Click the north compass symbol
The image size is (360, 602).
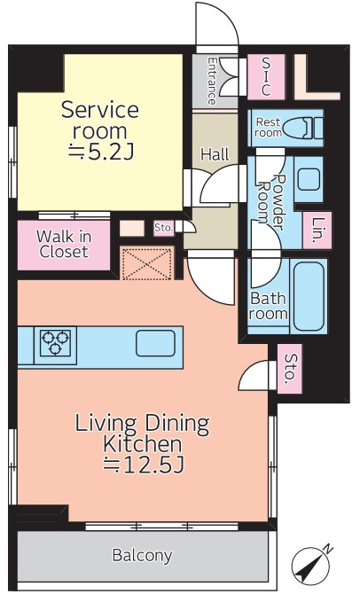[x=311, y=566]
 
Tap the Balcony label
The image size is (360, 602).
[x=142, y=555]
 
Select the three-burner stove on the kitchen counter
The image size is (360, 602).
[x=55, y=343]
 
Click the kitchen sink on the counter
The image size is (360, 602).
[x=155, y=343]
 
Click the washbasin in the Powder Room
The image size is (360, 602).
[x=309, y=180]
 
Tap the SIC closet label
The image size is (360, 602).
[x=266, y=77]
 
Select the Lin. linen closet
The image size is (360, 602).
[x=317, y=231]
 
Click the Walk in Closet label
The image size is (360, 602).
[x=64, y=245]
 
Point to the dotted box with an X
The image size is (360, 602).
[x=146, y=263]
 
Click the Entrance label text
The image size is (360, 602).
[x=211, y=81]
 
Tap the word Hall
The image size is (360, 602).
[x=215, y=154]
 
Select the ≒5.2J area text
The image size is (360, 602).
[x=100, y=152]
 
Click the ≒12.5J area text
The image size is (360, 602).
[x=144, y=465]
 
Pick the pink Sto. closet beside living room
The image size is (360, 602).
[x=289, y=369]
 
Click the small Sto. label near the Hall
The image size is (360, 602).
[x=164, y=228]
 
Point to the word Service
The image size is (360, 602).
[x=100, y=110]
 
